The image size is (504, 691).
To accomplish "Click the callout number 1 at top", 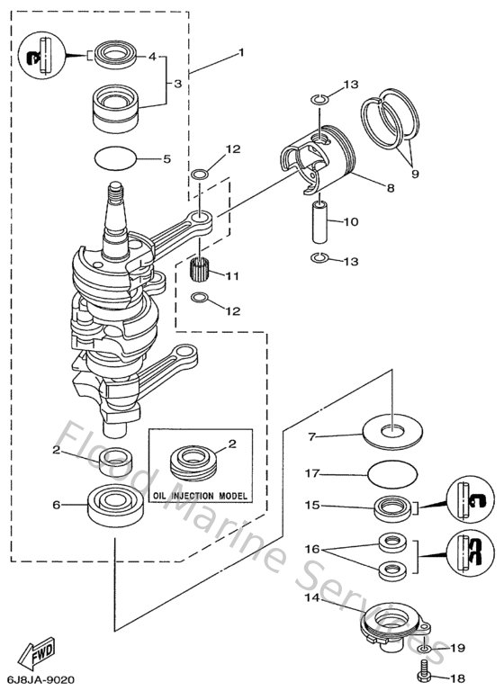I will coord(240,53).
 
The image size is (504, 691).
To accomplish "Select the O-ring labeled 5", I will coord(117,158).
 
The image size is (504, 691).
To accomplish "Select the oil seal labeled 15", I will coord(393,507).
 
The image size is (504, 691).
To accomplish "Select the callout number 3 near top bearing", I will coord(178,83).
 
